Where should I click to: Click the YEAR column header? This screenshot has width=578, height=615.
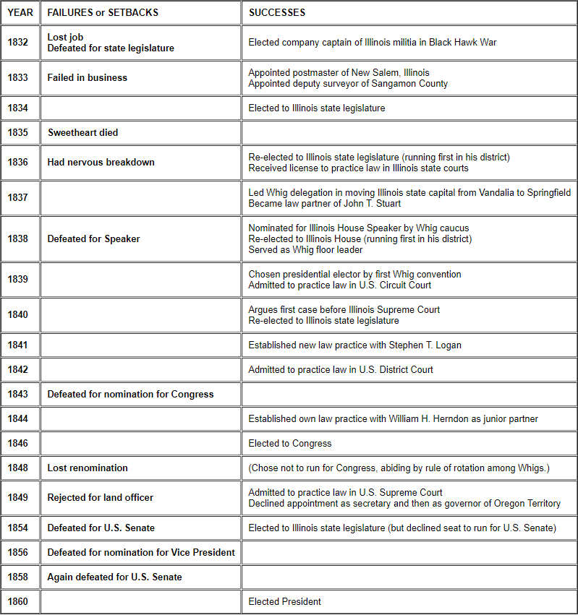click(x=20, y=12)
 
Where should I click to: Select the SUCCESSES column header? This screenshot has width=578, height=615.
click(x=277, y=12)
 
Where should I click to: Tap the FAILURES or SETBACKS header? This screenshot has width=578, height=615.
click(x=103, y=12)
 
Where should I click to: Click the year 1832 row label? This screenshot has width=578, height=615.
click(x=18, y=43)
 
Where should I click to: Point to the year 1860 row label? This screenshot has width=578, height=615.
click(x=18, y=601)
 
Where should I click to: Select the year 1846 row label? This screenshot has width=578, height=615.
click(x=18, y=443)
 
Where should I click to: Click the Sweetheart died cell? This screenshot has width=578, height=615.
click(x=82, y=132)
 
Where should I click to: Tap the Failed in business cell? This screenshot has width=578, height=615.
click(x=87, y=77)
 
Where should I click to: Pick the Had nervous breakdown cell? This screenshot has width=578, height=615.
click(x=101, y=162)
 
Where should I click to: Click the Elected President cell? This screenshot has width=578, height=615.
click(x=284, y=601)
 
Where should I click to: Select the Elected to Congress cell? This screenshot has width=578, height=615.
click(x=289, y=443)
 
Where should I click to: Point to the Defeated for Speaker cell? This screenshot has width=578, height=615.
click(x=93, y=238)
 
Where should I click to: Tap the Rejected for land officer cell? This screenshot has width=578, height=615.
click(x=100, y=497)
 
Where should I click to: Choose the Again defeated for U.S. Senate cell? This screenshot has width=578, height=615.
click(x=114, y=577)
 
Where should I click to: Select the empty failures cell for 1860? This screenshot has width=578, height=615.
click(x=140, y=601)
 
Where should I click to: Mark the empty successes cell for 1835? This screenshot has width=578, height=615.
click(x=409, y=132)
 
